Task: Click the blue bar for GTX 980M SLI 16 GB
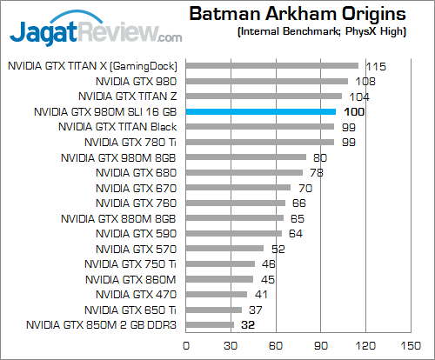(x=260, y=111)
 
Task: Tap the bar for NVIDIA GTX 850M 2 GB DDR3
(x=209, y=325)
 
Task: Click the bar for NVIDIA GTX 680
(x=244, y=172)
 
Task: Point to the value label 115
(x=376, y=66)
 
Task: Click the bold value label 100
(x=354, y=112)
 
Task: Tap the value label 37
(x=257, y=310)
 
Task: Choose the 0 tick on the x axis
(x=185, y=345)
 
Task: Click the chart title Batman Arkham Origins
(x=296, y=15)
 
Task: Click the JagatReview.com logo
(x=96, y=30)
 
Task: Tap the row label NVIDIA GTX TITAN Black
(x=117, y=127)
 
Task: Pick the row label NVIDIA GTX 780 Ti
(x=130, y=142)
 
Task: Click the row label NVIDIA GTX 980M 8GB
(x=119, y=157)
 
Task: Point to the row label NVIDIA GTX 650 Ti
(x=131, y=310)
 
